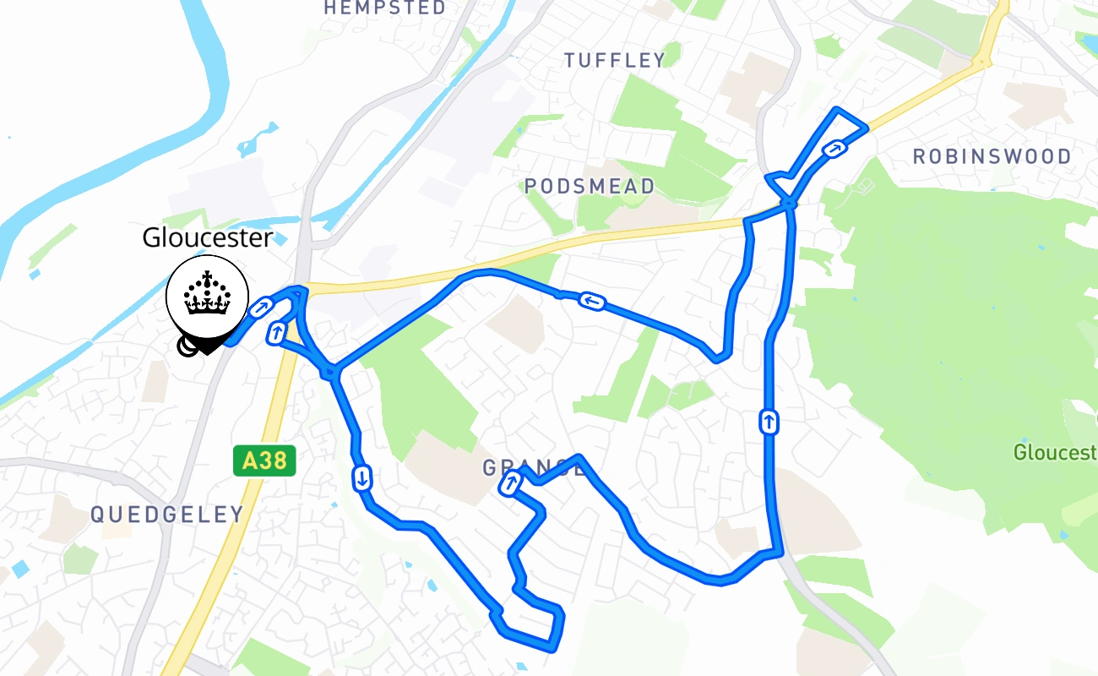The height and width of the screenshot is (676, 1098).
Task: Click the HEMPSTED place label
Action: (x=385, y=8)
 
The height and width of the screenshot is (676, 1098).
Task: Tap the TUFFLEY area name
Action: (x=615, y=60)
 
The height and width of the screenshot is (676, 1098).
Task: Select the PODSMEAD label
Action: (x=590, y=187)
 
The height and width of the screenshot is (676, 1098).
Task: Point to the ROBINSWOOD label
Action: (x=992, y=156)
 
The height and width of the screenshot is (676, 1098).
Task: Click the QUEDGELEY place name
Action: (x=166, y=514)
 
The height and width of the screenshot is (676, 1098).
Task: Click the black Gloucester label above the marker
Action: (x=208, y=237)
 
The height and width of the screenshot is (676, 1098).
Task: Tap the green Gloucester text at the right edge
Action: (x=1056, y=452)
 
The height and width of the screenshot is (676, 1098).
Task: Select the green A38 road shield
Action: (x=264, y=461)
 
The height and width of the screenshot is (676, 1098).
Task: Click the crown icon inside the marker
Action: (x=208, y=295)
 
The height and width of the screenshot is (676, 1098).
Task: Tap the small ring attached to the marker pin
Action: (x=187, y=346)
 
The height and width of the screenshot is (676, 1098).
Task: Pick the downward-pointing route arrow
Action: (x=361, y=478)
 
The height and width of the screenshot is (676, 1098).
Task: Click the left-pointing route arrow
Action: (x=592, y=301)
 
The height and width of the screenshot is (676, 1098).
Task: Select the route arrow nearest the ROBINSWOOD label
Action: (x=834, y=150)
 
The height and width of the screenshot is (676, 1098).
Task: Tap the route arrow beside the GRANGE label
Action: (x=510, y=484)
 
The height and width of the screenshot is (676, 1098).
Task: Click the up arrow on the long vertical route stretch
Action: (x=769, y=421)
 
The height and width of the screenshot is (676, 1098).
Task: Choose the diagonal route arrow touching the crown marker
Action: (x=262, y=306)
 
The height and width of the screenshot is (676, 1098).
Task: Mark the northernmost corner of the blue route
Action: (x=836, y=109)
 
